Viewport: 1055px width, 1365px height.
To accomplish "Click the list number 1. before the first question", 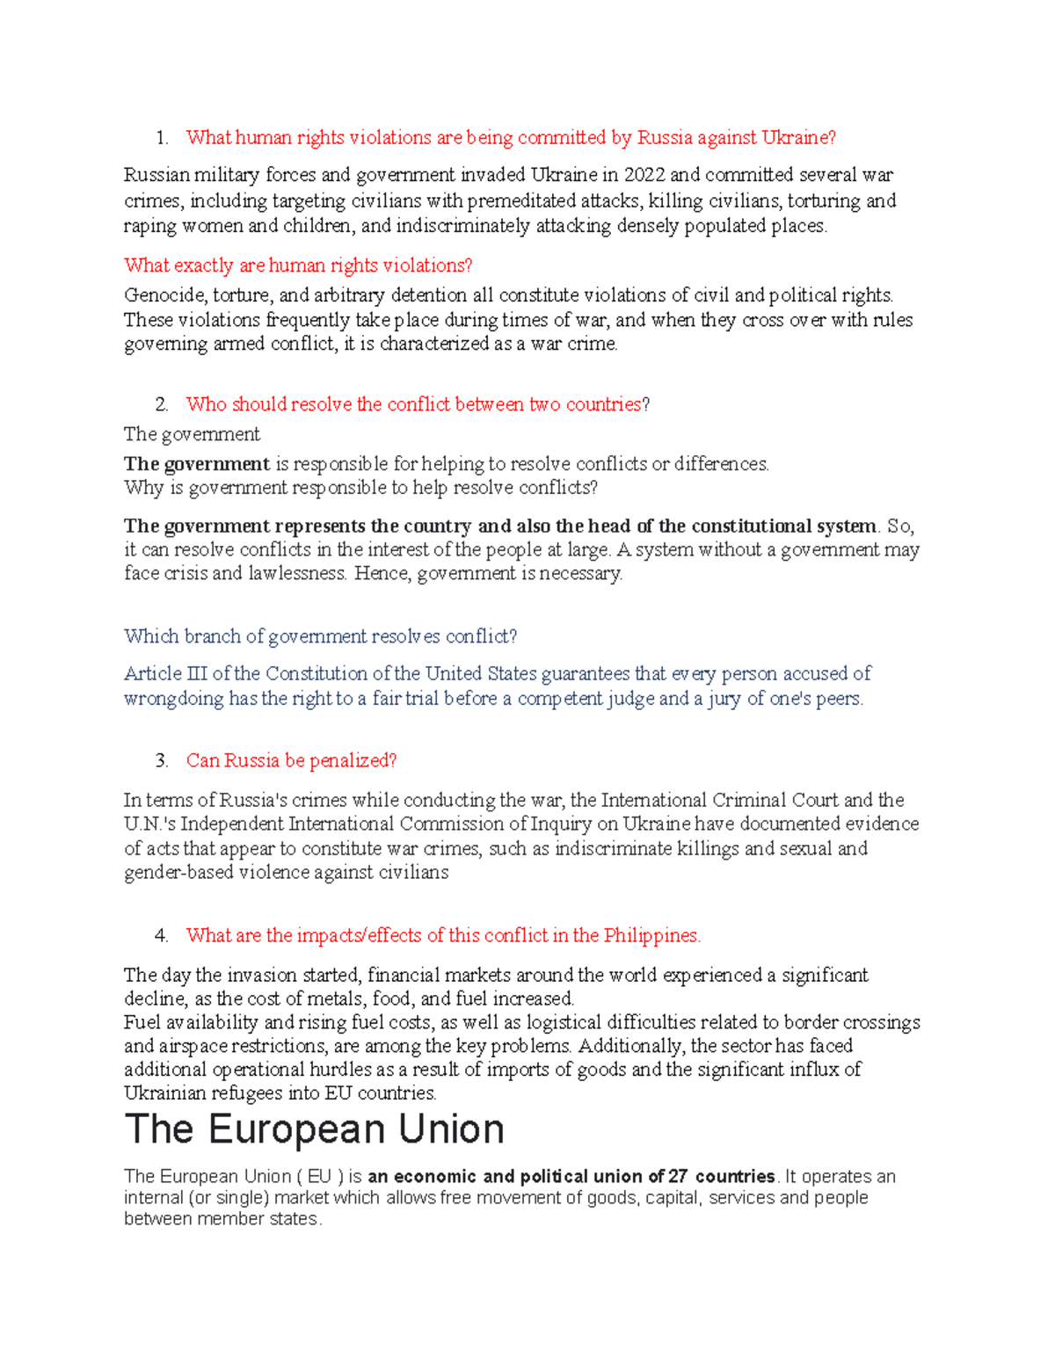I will click(x=161, y=138).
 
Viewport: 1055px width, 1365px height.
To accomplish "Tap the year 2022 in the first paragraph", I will click(x=644, y=175).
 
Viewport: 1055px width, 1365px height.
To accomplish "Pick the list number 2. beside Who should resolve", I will click(x=161, y=405).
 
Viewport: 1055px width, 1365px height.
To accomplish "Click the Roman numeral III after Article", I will click(x=197, y=674).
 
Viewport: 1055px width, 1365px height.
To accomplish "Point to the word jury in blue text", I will click(x=724, y=700).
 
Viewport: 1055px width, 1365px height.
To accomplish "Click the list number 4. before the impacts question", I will click(x=161, y=936).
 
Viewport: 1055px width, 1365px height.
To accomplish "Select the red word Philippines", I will click(x=651, y=936).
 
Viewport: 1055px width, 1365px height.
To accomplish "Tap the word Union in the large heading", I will click(x=451, y=1130).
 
